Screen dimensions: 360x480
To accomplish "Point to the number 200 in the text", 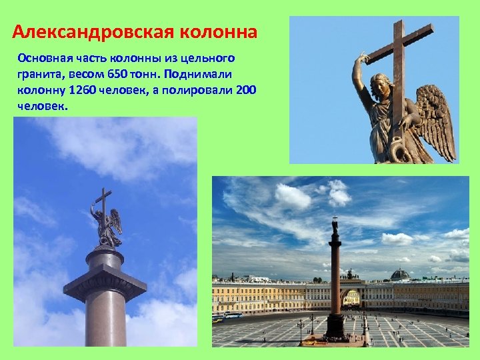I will click(x=246, y=89).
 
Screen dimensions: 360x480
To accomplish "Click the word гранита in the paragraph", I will click(x=40, y=73).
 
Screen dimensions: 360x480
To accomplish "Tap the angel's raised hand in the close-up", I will click(x=363, y=57).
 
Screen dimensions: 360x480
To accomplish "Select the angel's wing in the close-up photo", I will click(x=433, y=120).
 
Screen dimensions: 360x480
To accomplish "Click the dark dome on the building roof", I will click(x=400, y=275).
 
